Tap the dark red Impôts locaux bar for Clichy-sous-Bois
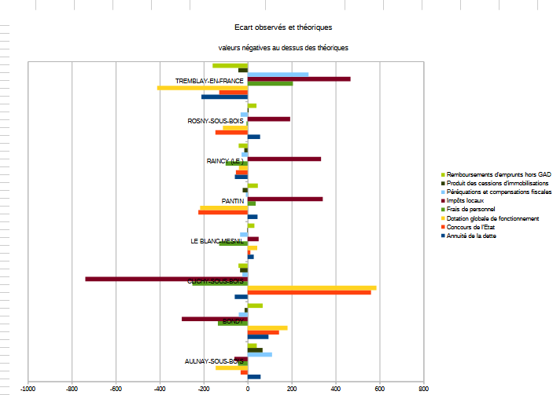(166, 279)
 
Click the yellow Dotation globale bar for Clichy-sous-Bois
(312, 287)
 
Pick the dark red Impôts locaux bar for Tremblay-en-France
(299, 79)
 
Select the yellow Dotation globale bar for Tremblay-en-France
(202, 88)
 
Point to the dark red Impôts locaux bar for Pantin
(285, 199)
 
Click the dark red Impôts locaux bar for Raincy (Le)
(284, 159)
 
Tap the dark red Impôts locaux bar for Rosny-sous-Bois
(269, 119)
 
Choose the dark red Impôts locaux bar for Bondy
(215, 319)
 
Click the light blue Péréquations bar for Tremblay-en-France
(278, 75)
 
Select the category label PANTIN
(233, 202)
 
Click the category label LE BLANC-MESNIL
(218, 242)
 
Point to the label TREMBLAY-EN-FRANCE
(209, 82)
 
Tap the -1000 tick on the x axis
(28, 389)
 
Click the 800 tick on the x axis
(424, 389)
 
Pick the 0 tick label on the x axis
(248, 389)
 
